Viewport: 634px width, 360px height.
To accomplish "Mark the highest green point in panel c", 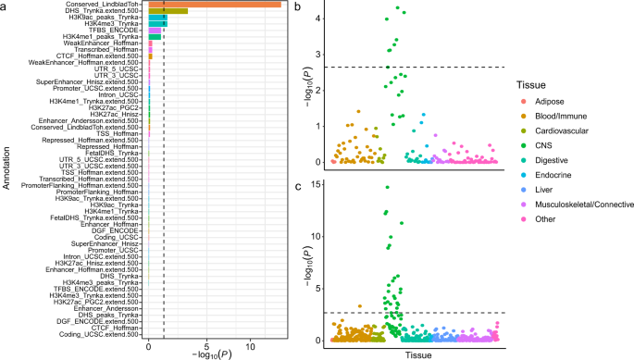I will (x=387, y=188).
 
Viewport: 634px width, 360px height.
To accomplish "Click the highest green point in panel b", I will (x=396, y=8).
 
